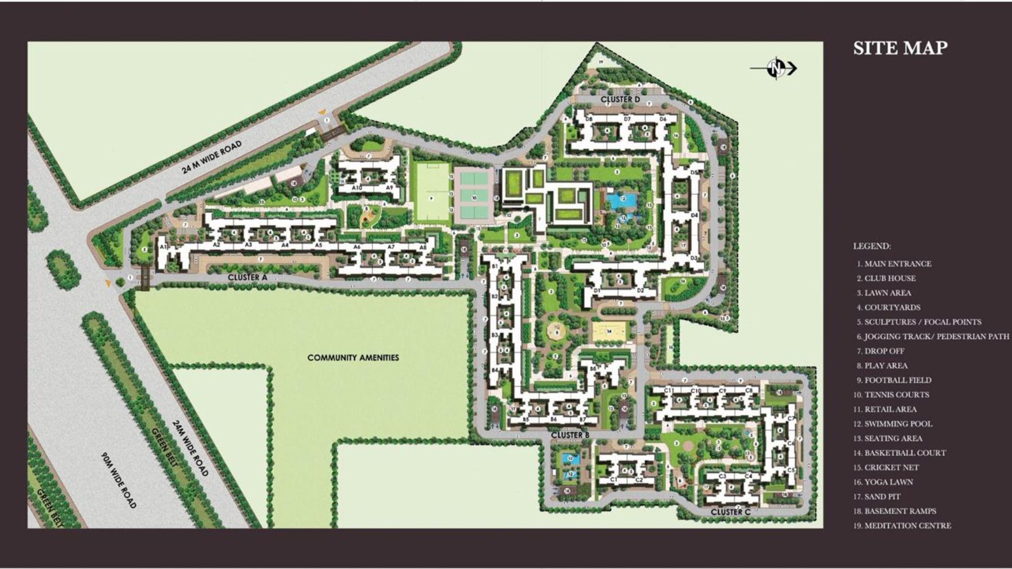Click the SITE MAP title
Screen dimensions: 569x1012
click(x=900, y=48)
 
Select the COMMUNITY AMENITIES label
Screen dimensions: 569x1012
click(x=353, y=357)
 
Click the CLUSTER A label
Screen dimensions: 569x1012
click(x=248, y=277)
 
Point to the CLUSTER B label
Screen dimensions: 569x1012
click(x=570, y=435)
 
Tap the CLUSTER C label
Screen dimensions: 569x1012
click(x=730, y=512)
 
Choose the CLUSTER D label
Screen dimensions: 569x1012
click(x=620, y=99)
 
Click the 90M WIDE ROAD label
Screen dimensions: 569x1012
click(x=119, y=480)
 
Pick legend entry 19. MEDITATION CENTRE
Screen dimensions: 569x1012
click(x=902, y=526)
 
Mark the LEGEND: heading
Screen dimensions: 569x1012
click(x=872, y=247)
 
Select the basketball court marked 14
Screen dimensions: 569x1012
click(x=609, y=332)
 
